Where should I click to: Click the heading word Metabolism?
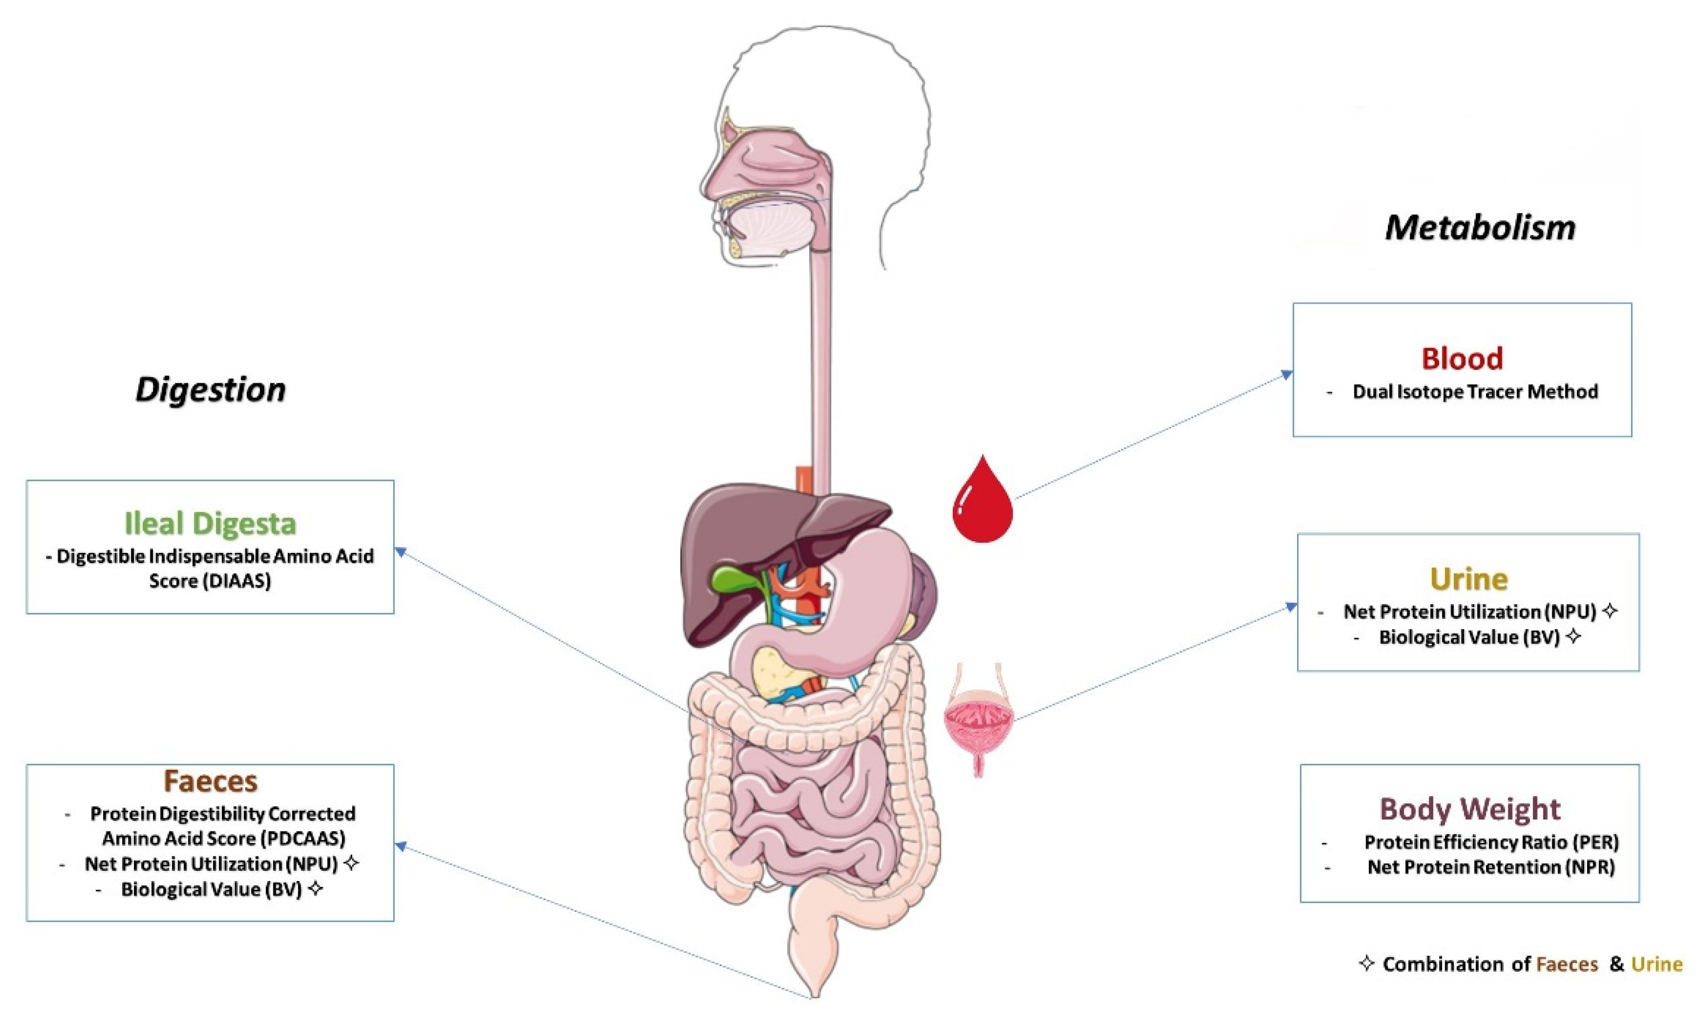coord(1480,228)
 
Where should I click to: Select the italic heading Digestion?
coord(210,390)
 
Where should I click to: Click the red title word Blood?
coord(1462,358)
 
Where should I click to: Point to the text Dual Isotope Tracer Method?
coord(1475,392)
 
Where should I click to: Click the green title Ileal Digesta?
coord(210,523)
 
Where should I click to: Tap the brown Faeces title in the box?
coord(210,781)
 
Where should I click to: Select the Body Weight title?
coord(1469,808)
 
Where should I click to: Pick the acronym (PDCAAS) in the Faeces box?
coord(303,839)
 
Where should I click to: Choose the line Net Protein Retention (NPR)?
coord(1491,866)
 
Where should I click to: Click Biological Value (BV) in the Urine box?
coord(1469,637)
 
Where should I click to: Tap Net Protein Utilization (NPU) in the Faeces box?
coord(211,864)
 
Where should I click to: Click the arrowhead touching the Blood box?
coord(1286,375)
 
